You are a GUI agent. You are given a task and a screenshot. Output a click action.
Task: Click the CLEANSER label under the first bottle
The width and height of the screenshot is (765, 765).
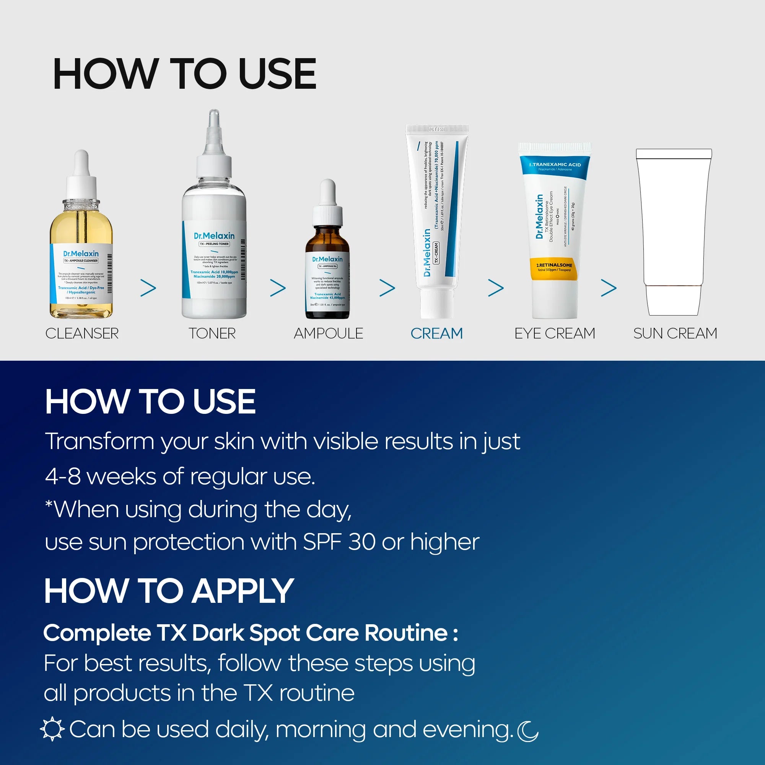[x=82, y=334]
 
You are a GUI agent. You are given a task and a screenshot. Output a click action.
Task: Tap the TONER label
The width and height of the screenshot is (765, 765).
[x=212, y=334]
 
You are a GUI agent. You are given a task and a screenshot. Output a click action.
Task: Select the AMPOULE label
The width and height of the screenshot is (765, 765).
[x=328, y=334]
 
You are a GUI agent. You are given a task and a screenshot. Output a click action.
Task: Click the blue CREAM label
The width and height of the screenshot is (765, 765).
[x=436, y=334]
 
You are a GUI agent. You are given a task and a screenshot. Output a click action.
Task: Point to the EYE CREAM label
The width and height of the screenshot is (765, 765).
[x=554, y=334]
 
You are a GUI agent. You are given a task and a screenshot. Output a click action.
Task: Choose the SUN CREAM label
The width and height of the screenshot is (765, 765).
[x=675, y=334]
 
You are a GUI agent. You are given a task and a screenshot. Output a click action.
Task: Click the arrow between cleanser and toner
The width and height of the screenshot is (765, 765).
[x=148, y=288]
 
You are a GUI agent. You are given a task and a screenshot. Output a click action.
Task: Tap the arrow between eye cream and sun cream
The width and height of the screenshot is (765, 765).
[x=609, y=288]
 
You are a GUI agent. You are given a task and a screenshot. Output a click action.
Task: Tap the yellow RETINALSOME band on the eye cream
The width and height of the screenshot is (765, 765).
[x=554, y=268]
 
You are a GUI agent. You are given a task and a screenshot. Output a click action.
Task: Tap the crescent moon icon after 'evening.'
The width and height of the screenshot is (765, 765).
[x=528, y=731]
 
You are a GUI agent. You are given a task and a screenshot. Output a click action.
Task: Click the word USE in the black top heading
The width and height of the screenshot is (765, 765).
[x=277, y=74]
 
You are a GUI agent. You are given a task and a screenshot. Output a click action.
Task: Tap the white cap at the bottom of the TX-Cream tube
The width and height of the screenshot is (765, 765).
[x=436, y=303]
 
